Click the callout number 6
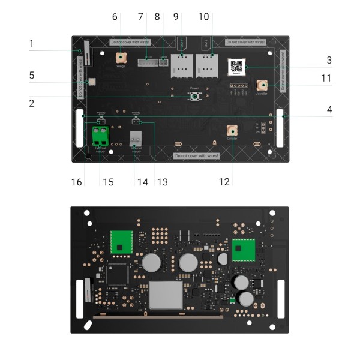click(x=115, y=17)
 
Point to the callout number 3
click(x=329, y=60)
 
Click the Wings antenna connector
click(x=121, y=58)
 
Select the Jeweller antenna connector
click(x=262, y=85)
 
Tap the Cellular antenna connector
click(x=232, y=130)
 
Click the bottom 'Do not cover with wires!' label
click(x=196, y=155)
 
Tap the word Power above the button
click(x=194, y=88)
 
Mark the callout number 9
click(x=176, y=17)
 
